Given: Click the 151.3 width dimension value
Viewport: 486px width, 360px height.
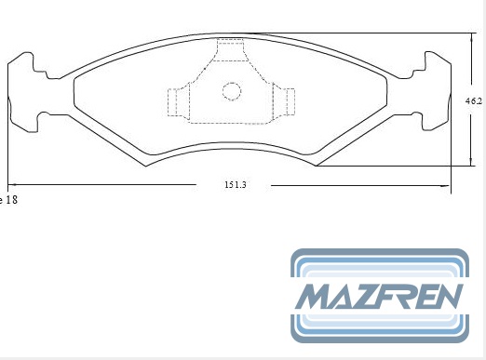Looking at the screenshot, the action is [236, 185].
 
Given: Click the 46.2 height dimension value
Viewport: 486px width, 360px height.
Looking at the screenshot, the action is [474, 100].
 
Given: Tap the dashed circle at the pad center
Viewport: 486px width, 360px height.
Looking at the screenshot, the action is [232, 91].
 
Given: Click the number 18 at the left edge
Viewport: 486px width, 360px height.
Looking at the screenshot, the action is [11, 199].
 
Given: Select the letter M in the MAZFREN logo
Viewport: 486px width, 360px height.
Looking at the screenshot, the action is [315, 296].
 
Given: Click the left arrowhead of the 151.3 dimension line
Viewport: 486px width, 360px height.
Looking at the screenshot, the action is [12, 184].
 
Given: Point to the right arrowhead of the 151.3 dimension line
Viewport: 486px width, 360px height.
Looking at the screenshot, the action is [446, 186].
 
